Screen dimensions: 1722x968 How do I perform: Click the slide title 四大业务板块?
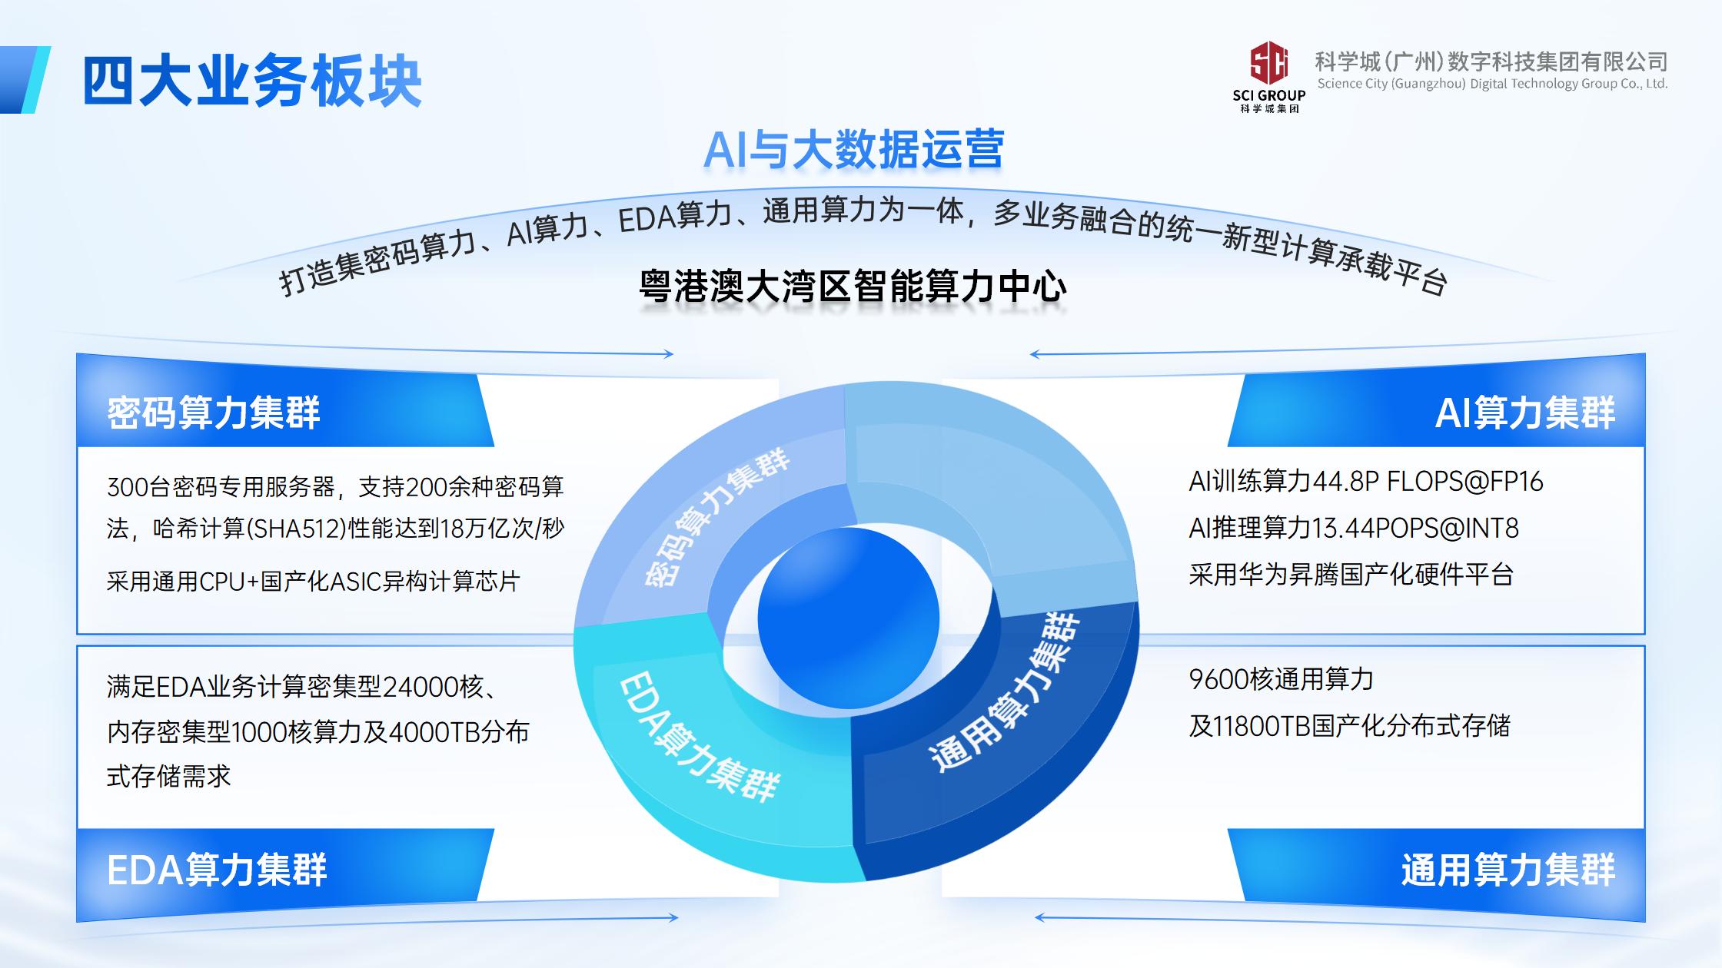coord(252,80)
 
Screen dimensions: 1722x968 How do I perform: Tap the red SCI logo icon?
coord(1268,63)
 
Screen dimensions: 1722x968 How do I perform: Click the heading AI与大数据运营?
coord(854,148)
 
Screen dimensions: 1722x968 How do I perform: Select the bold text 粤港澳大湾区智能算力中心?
coord(853,287)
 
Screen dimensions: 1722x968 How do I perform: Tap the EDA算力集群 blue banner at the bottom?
coord(284,872)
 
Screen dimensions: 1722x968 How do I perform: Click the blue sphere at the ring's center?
coord(849,618)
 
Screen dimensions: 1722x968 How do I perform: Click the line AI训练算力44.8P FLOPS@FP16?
coord(1365,482)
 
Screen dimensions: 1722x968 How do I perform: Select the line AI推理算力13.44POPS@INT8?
coord(1353,528)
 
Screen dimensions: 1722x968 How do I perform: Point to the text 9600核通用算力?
coord(1281,679)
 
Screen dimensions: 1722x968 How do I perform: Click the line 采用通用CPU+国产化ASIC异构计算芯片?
coord(313,581)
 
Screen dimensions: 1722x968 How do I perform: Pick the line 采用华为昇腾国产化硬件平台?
coord(1351,574)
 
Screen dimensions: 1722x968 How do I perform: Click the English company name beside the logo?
coord(1492,84)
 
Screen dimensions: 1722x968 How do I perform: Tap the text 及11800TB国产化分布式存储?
coord(1349,725)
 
